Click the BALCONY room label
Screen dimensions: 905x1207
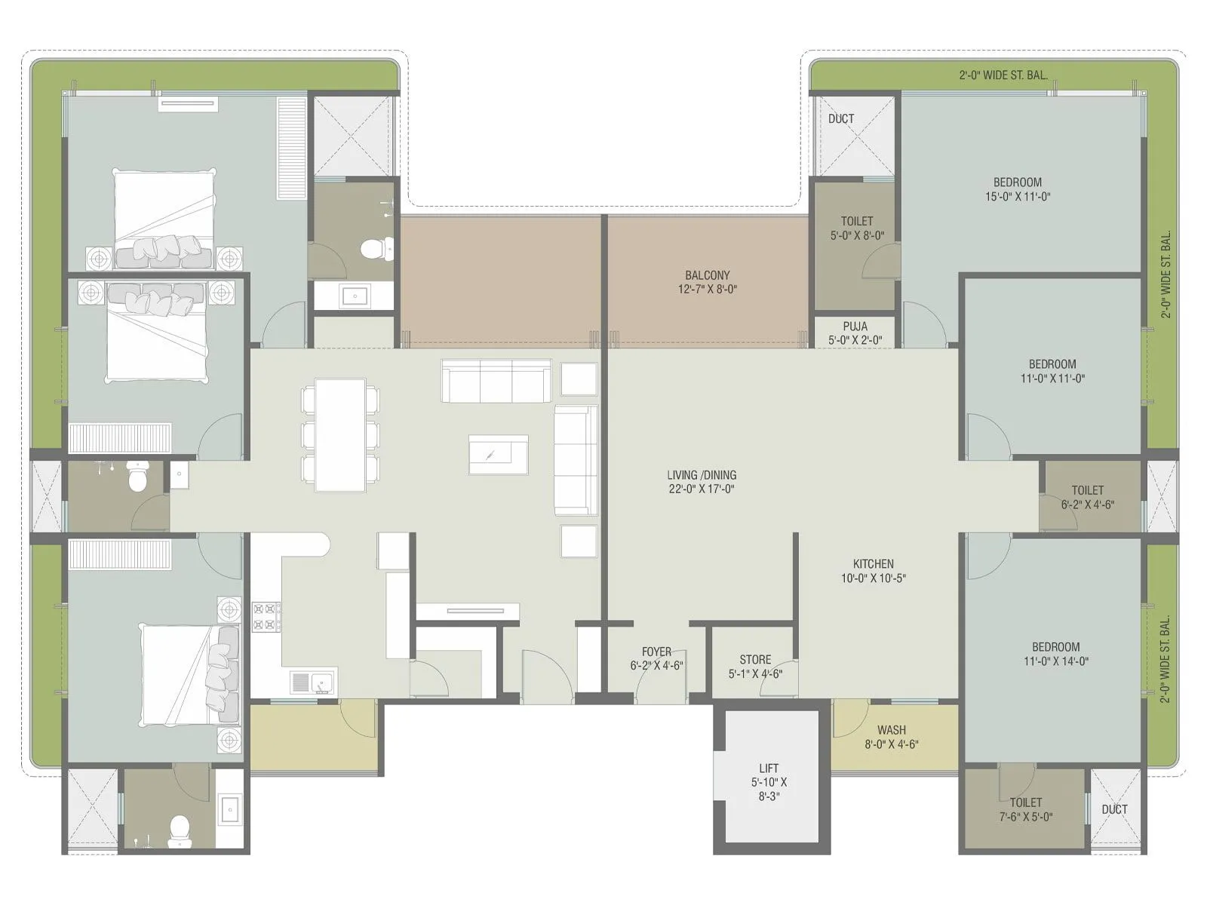click(x=707, y=276)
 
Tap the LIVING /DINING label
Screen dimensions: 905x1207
click(x=701, y=475)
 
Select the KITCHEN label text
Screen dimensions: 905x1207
click(x=873, y=564)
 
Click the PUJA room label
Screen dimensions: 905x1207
click(x=855, y=327)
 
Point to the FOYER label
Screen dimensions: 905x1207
click(x=656, y=652)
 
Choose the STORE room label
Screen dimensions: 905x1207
click(x=754, y=660)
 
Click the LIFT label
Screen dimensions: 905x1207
click(x=769, y=768)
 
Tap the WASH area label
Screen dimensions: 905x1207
click(x=891, y=730)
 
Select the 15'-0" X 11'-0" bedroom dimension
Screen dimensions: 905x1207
click(x=1018, y=197)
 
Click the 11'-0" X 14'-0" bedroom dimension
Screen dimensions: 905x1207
click(x=1055, y=661)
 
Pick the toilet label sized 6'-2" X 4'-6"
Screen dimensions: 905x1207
click(x=1087, y=505)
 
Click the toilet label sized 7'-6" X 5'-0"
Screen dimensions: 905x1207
click(x=1025, y=817)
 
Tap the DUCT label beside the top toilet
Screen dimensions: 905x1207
click(x=840, y=119)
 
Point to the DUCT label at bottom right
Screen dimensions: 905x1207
click(x=1113, y=809)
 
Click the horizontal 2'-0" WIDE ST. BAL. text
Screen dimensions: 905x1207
click(x=1003, y=75)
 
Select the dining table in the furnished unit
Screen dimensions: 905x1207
click(x=340, y=435)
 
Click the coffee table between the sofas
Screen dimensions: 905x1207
click(x=498, y=455)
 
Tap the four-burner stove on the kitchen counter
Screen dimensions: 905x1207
click(x=266, y=616)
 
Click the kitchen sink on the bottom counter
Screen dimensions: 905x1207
click(x=322, y=682)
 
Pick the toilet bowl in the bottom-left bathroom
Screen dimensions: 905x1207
click(x=179, y=827)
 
